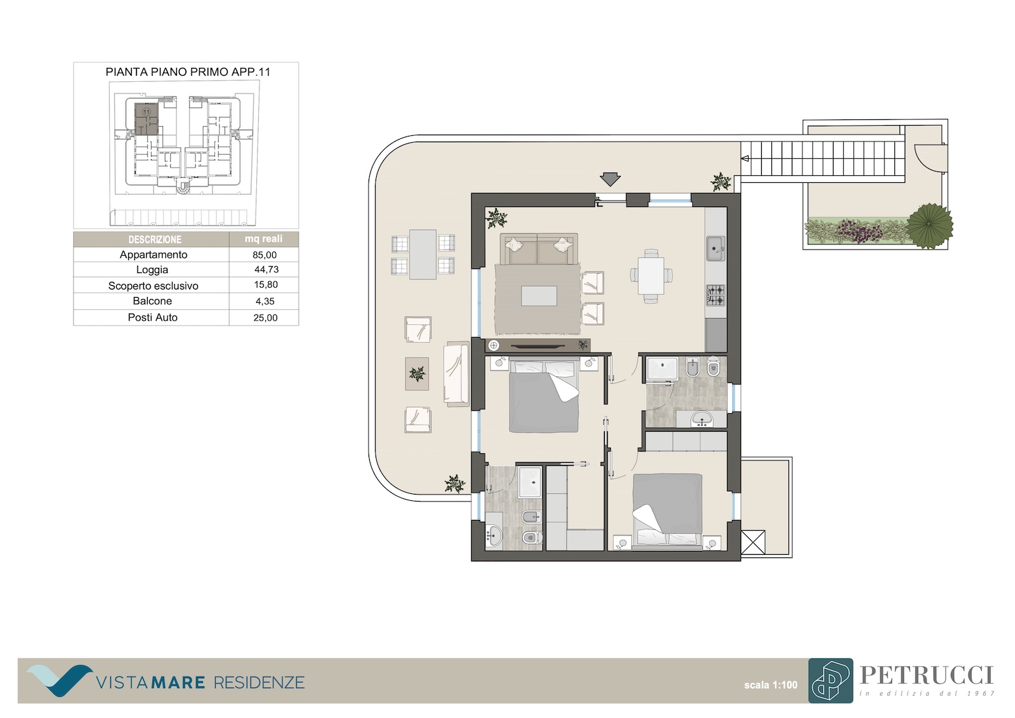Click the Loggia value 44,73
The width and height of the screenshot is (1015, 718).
coord(266,269)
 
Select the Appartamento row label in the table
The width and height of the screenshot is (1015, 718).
coord(153,255)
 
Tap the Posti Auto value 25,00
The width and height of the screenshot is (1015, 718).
coord(266,317)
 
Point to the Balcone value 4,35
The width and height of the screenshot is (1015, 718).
coord(265,301)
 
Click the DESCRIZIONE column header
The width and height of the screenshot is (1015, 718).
coord(155,239)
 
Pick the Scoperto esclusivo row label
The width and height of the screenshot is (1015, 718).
coord(153,286)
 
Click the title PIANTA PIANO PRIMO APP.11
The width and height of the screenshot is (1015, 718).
coord(188,72)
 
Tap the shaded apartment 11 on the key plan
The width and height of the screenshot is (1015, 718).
coord(147,119)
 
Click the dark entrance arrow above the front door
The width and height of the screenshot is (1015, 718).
coord(610,179)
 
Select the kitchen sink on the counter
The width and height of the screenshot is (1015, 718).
coord(716,249)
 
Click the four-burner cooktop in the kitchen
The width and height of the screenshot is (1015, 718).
coord(716,295)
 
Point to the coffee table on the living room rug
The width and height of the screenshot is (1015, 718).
coord(539,296)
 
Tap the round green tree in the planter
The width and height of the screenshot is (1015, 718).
coord(929,225)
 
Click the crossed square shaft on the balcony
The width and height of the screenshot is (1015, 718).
coord(752,543)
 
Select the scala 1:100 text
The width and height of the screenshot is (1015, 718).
coord(770,685)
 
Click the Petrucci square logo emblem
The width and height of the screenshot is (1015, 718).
coord(830,681)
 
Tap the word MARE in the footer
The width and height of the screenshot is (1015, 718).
coord(178,682)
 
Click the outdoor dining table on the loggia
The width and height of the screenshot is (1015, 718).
coord(422,254)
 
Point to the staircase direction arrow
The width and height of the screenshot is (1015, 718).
coord(745,158)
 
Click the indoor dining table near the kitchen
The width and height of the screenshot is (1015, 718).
coord(651,276)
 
